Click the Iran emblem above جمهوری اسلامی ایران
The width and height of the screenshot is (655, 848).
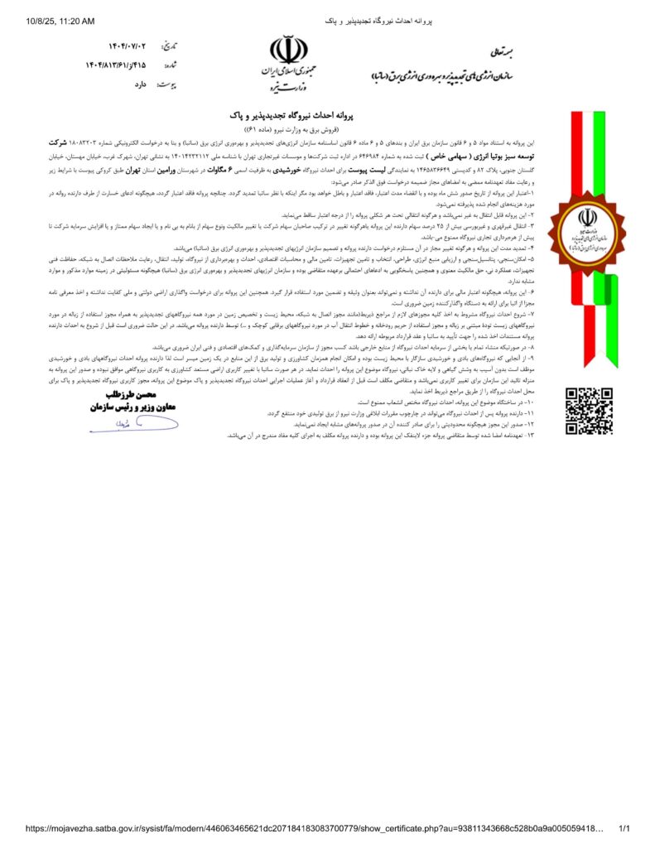(x=289, y=51)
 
